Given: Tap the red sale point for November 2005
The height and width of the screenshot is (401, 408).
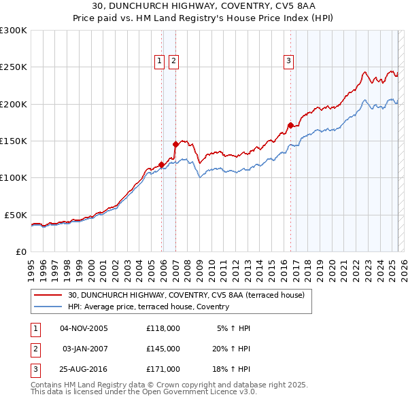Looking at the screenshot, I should [161, 164].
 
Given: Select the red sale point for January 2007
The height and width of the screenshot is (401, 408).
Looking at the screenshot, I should [175, 144].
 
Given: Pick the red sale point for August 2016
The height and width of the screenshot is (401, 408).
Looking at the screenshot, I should [290, 125].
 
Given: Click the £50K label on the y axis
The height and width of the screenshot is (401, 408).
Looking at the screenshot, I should [16, 215].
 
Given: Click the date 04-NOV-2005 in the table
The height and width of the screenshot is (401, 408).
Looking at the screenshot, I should [84, 328].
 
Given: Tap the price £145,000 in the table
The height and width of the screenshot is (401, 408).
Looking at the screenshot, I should [163, 348].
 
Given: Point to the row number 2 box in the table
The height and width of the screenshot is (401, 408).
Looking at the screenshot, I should [35, 348].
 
